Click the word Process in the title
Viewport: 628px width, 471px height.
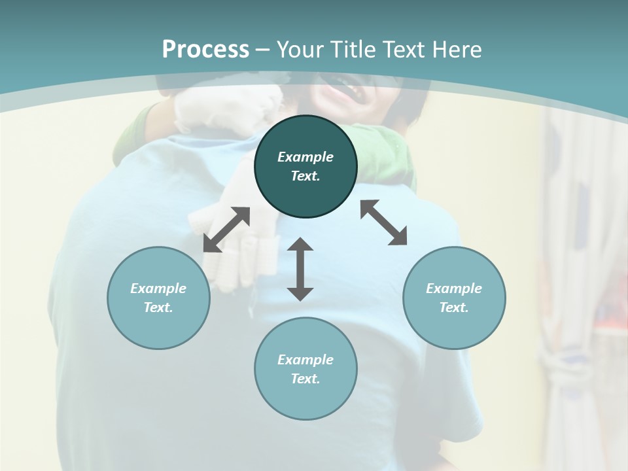pyautogui.click(x=205, y=50)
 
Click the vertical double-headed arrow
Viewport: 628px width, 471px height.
pyautogui.click(x=300, y=269)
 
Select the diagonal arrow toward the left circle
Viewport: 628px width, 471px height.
pyautogui.click(x=226, y=230)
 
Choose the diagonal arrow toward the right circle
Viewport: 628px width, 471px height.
pyautogui.click(x=384, y=222)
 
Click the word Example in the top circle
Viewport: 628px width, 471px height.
pyautogui.click(x=305, y=157)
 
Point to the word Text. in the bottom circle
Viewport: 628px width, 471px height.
pyautogui.click(x=305, y=379)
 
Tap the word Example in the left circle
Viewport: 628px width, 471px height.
pyautogui.click(x=158, y=288)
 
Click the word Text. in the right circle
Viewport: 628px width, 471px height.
pyautogui.click(x=454, y=307)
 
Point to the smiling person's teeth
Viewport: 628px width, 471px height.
pyautogui.click(x=343, y=84)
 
